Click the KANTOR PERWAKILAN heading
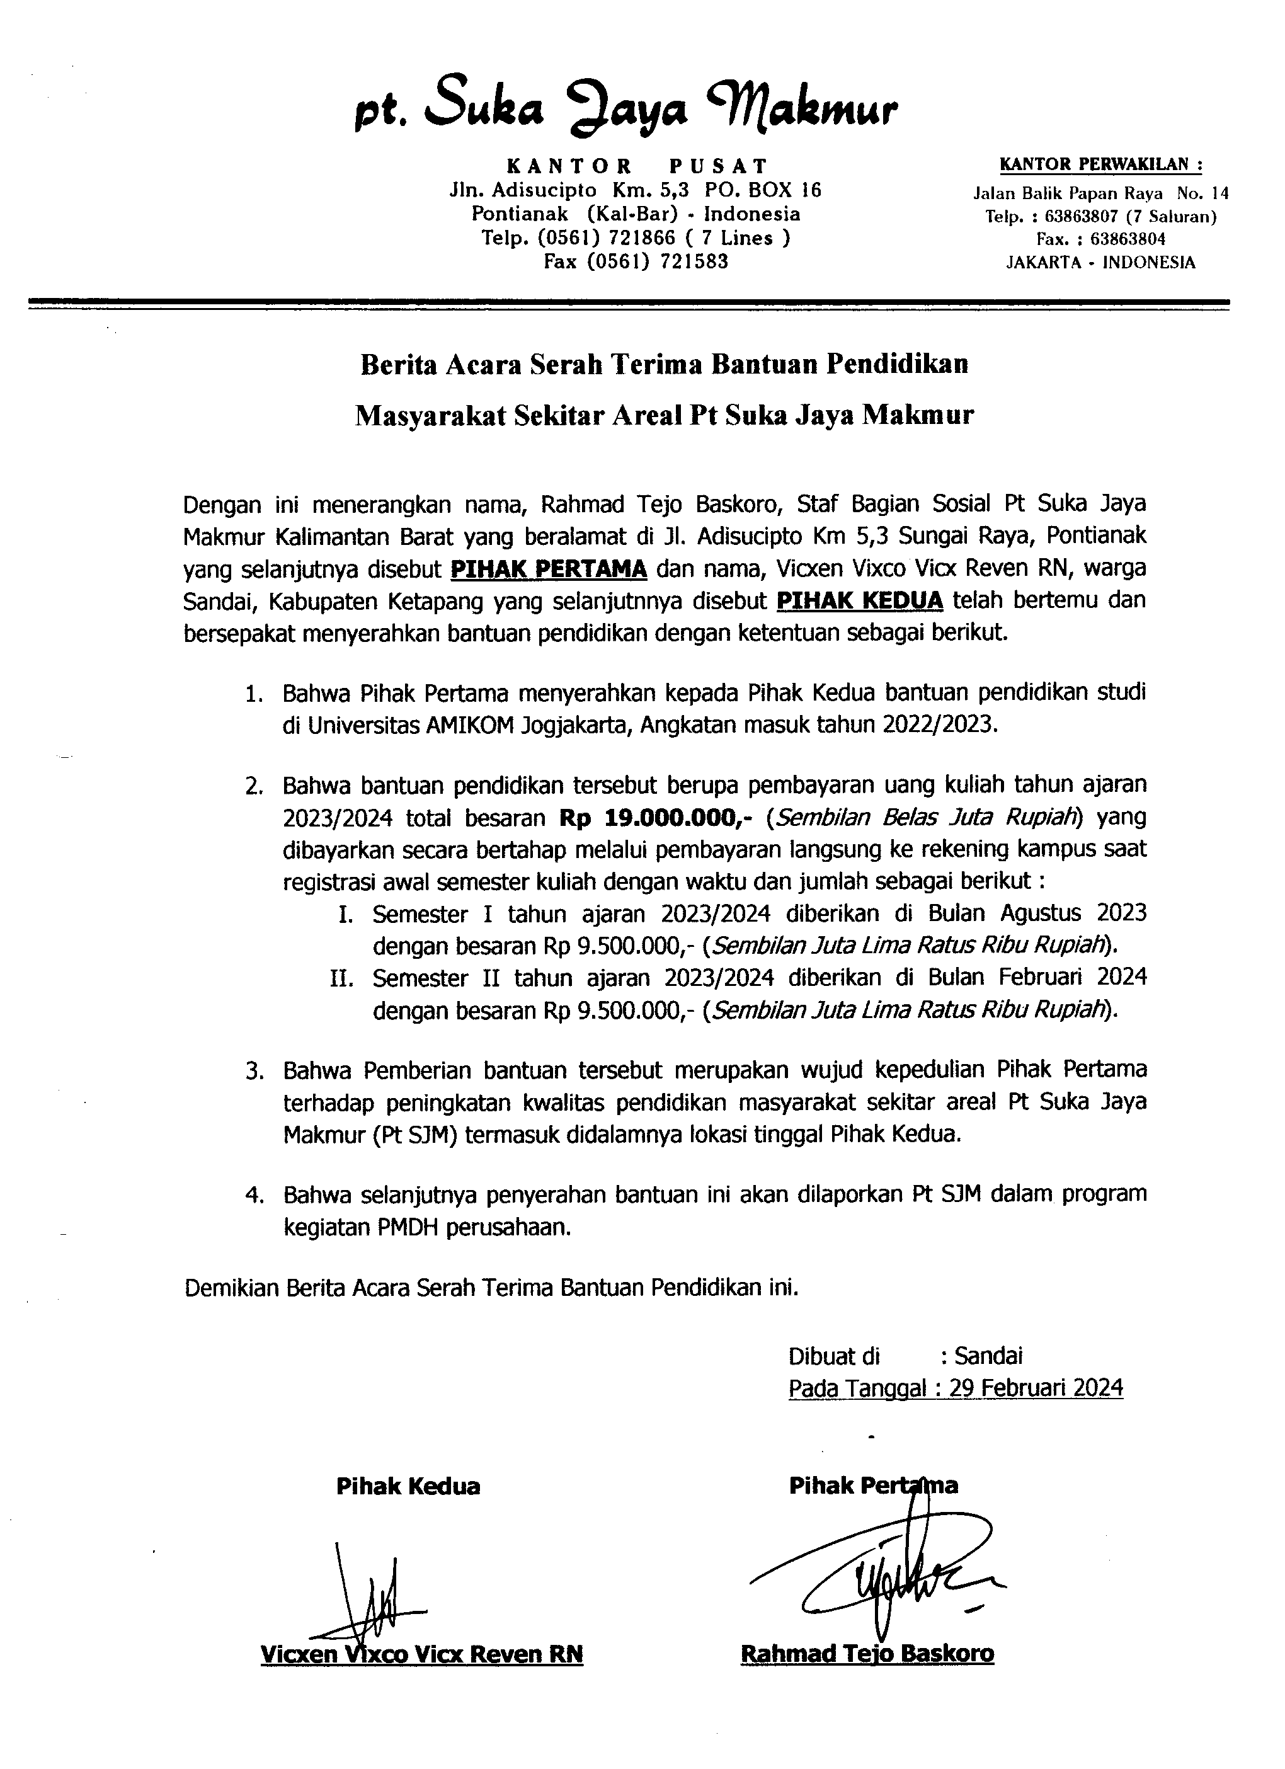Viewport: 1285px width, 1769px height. pos(1100,164)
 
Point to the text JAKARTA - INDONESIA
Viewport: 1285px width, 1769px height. pos(1100,262)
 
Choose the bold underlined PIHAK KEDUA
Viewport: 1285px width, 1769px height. pos(860,600)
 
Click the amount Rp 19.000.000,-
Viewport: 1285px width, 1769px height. pos(662,818)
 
